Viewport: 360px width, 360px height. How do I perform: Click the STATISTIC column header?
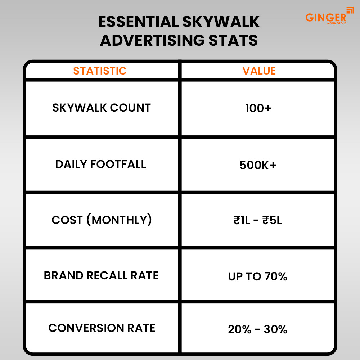coord(100,71)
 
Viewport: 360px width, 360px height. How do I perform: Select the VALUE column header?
coord(259,71)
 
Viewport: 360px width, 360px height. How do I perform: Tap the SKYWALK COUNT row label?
coord(102,108)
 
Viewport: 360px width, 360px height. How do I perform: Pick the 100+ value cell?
coord(258,108)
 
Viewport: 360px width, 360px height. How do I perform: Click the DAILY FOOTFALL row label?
coord(100,165)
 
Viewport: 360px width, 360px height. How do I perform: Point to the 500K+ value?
coord(258,165)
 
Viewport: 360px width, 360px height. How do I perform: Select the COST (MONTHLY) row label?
coord(102,220)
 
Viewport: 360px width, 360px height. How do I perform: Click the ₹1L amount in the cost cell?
coord(242,221)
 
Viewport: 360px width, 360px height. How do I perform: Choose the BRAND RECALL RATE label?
coord(101,275)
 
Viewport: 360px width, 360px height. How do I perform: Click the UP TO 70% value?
coord(258,276)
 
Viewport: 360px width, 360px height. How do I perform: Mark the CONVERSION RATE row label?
coord(102,328)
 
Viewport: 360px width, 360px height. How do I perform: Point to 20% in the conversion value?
coord(240,329)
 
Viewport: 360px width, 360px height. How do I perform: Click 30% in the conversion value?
coord(275,329)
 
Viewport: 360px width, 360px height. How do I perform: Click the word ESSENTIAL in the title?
coord(139,22)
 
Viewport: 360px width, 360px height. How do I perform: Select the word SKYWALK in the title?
coord(221,22)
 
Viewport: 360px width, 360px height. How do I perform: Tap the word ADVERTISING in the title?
coord(152,40)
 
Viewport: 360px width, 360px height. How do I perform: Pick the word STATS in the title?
coord(233,40)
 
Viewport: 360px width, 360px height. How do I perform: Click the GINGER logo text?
coord(325,17)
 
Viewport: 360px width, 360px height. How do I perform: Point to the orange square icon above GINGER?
coord(350,10)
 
